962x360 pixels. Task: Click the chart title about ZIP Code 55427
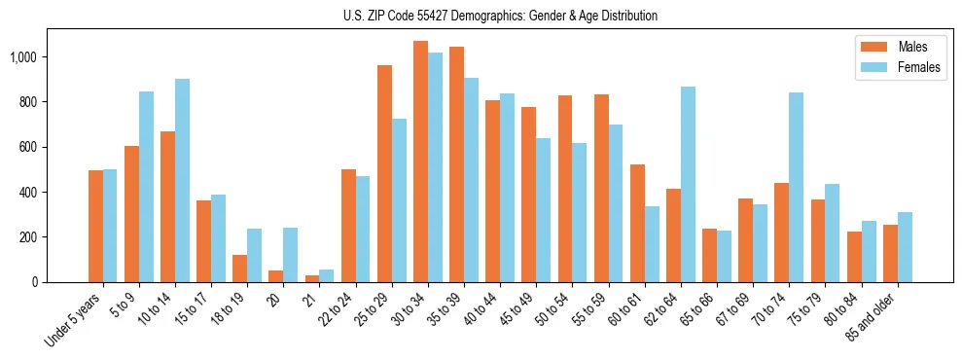click(500, 16)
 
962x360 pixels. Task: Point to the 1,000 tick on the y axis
click(22, 57)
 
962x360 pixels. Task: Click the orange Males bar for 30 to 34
click(420, 162)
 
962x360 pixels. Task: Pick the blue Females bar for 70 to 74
click(797, 188)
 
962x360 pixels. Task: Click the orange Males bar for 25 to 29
click(384, 174)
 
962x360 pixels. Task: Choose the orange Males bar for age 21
click(312, 278)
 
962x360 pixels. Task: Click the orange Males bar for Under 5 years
click(95, 227)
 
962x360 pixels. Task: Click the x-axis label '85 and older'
click(873, 318)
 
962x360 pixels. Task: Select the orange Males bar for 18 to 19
click(240, 269)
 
